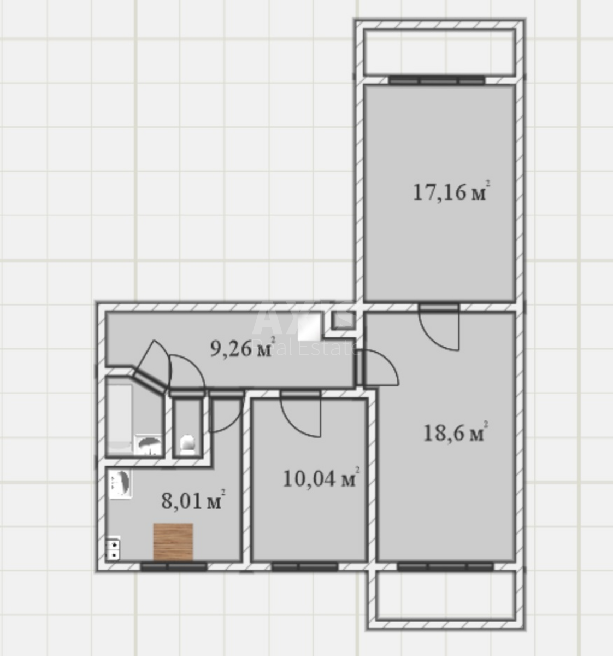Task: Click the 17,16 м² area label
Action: click(449, 192)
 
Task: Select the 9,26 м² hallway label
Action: click(241, 348)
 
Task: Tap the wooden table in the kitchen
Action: click(173, 542)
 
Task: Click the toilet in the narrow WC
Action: click(187, 443)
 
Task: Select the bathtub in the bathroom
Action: click(120, 418)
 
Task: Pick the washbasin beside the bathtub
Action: click(148, 444)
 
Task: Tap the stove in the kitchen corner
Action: click(113, 549)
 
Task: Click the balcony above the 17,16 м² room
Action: click(439, 52)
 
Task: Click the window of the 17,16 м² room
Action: click(437, 80)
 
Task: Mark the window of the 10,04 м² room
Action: click(304, 567)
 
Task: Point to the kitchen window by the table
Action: click(174, 567)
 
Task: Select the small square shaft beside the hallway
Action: click(343, 320)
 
